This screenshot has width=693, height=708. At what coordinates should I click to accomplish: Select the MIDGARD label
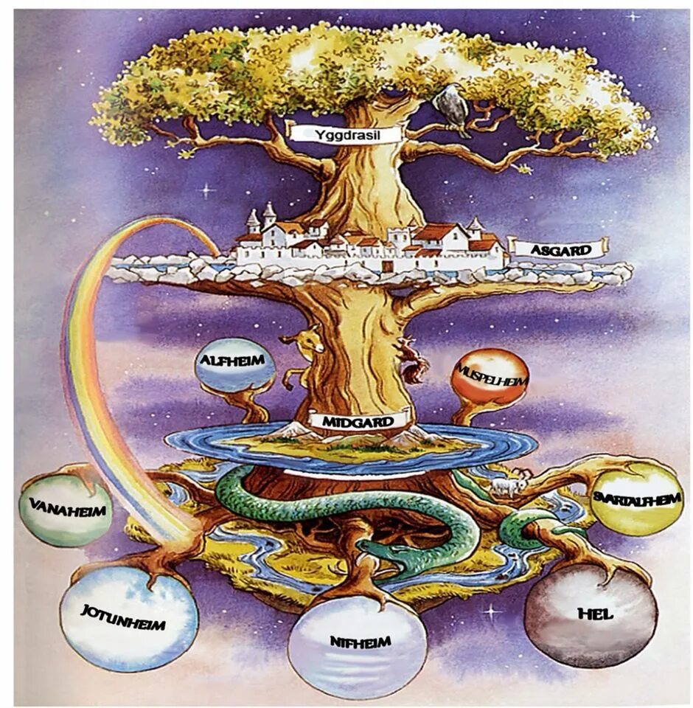[359, 421]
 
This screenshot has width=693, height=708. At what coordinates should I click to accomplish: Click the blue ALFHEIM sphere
[234, 364]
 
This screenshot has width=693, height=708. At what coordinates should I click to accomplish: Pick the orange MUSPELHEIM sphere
[490, 376]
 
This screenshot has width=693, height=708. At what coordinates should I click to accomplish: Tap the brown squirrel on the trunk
[413, 360]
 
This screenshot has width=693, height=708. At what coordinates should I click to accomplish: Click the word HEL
[596, 614]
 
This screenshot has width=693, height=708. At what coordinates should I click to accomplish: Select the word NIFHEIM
[359, 640]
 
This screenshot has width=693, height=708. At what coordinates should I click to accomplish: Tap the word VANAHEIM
[67, 508]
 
